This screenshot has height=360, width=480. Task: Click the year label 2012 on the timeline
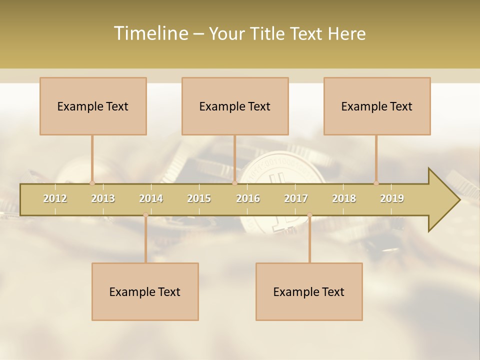(55, 198)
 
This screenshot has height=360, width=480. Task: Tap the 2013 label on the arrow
(103, 198)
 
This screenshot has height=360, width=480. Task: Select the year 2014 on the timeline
(151, 198)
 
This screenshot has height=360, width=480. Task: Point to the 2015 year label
(199, 198)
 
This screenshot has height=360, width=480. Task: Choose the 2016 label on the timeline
(248, 198)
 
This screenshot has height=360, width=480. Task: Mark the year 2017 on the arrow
(296, 198)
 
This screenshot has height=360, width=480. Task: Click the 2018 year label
(344, 198)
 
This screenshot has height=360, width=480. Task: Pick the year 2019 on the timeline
(392, 198)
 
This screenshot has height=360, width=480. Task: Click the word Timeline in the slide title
(150, 33)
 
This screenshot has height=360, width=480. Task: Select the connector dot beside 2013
(92, 183)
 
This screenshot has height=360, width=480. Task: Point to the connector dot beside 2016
(234, 183)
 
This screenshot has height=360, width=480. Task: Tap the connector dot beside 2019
(376, 183)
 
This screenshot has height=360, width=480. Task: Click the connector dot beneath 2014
(145, 215)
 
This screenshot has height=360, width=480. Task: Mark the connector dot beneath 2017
(309, 215)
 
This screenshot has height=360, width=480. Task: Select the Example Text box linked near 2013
(93, 106)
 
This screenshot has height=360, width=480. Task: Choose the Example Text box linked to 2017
(309, 291)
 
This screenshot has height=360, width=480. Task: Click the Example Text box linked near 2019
(377, 106)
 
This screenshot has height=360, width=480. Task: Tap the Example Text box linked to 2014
(145, 291)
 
